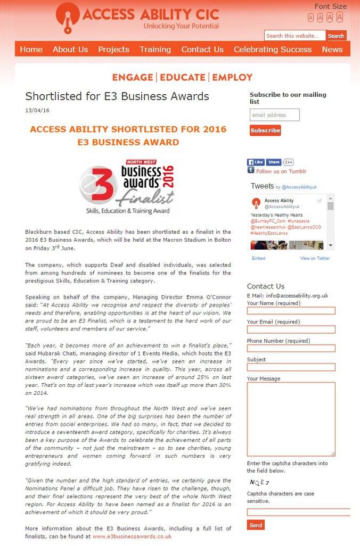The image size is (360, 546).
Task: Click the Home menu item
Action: point(31,49)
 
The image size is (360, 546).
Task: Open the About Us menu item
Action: point(70,49)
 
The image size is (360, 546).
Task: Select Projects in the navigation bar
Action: point(113,49)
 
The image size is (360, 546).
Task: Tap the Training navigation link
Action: point(155,49)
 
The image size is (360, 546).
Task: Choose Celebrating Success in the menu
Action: point(273,49)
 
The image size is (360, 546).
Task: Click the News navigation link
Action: point(332,49)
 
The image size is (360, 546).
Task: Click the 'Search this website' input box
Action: point(294,36)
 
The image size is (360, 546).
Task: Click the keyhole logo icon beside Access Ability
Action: point(68,17)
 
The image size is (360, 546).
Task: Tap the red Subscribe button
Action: point(265,130)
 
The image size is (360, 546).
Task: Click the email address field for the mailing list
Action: point(274,115)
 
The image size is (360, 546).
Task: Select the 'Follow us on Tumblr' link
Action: point(281,171)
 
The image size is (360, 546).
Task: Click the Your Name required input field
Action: point(291,311)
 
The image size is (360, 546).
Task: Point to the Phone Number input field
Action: point(291,349)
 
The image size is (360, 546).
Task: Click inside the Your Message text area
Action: point(291,419)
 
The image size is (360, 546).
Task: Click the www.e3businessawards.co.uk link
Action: point(132,536)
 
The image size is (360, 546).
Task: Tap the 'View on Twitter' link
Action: point(315,258)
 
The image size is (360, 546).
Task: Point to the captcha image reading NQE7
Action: point(259,482)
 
